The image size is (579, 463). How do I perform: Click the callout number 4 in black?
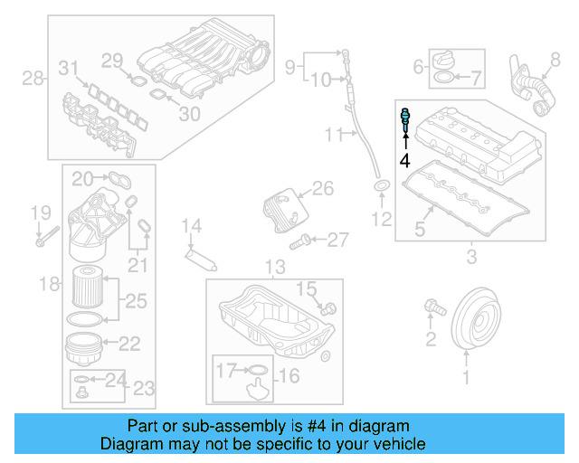(404, 161)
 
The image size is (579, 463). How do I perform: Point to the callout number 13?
(274, 267)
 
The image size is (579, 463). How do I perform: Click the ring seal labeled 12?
(382, 187)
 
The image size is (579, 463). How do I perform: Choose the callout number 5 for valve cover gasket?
(420, 230)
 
